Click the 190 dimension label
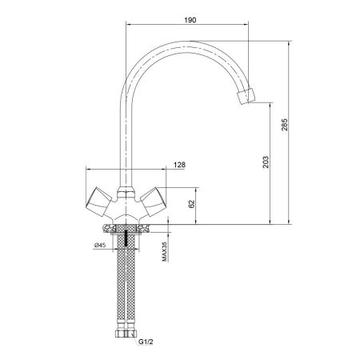click(x=190, y=20)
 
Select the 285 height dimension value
click(x=285, y=126)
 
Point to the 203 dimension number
click(x=266, y=162)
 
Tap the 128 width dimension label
click(x=179, y=165)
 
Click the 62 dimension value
click(x=192, y=204)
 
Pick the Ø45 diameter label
click(x=100, y=245)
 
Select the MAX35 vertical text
click(x=164, y=252)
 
